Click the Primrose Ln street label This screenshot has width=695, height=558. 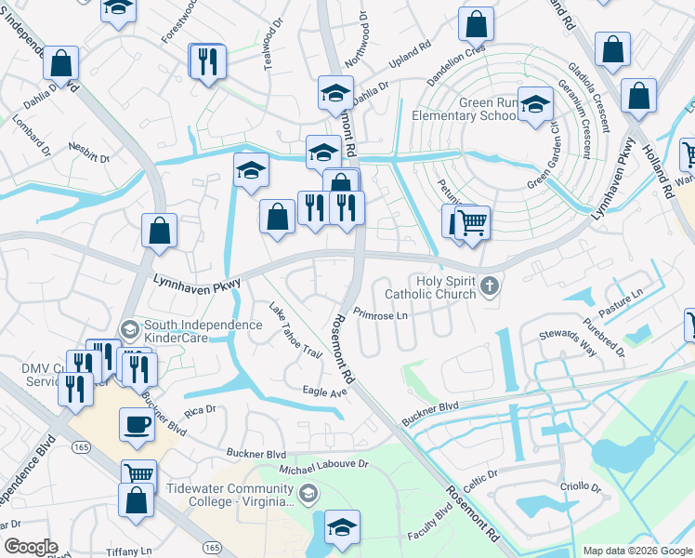[381, 315]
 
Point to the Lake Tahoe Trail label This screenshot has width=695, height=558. [295, 331]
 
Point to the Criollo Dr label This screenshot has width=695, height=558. [581, 486]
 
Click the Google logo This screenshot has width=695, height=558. [31, 547]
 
